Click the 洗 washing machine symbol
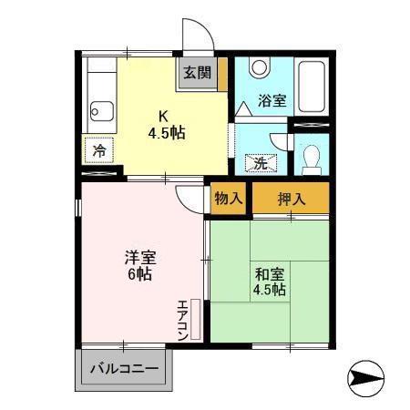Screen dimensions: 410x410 click(x=259, y=165)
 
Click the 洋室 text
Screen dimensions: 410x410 click(x=139, y=257)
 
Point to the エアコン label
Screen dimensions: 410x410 click(x=183, y=320)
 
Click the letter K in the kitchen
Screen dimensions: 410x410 click(x=164, y=116)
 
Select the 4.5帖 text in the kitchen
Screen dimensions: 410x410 click(x=167, y=133)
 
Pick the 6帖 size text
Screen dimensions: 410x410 click(x=139, y=275)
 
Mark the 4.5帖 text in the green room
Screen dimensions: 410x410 click(x=270, y=291)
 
